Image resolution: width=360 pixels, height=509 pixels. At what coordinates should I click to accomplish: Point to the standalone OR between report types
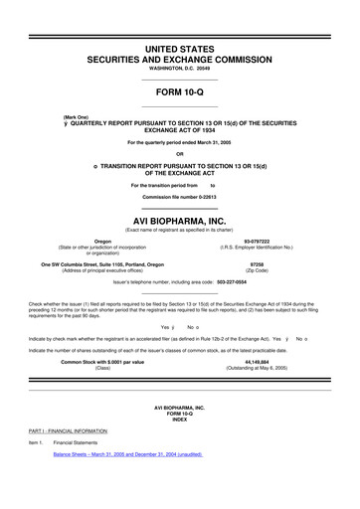click(x=180, y=152)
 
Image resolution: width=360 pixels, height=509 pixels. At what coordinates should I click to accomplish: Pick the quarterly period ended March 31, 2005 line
click(x=180, y=141)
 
